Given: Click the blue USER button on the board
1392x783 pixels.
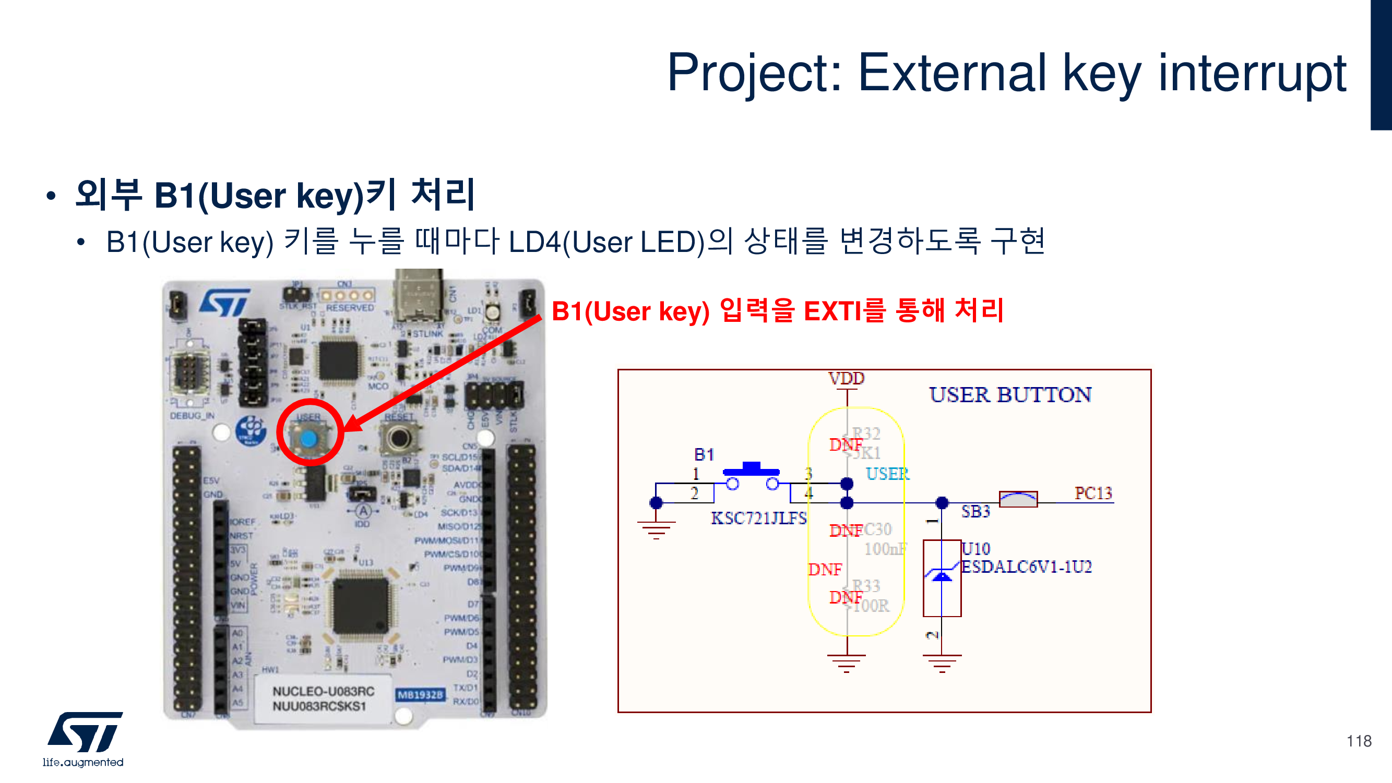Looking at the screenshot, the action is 308,438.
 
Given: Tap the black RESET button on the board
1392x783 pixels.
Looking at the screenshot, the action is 399,437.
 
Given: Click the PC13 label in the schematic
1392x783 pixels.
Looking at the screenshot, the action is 1092,493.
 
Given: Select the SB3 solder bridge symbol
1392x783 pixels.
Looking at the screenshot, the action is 1018,499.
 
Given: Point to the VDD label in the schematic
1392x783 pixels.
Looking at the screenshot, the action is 846,378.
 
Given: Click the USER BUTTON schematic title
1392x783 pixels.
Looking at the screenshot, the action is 1010,395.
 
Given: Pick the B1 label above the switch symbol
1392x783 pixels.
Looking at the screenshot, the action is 704,455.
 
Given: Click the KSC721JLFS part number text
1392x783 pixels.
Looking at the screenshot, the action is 758,519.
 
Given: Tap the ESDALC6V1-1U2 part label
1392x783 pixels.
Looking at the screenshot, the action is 1026,567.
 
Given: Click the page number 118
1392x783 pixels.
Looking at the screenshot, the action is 1359,741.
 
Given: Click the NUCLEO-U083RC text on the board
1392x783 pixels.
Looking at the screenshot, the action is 323,691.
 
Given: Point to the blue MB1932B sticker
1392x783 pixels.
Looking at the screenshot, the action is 420,694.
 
